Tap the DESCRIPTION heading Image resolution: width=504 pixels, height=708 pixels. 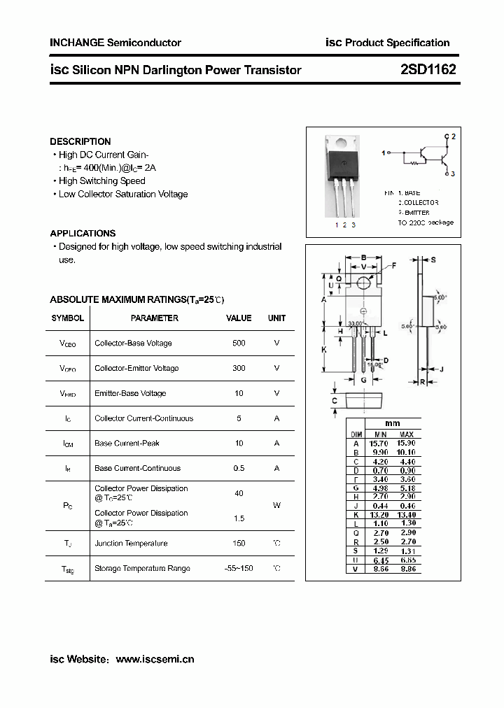point(80,141)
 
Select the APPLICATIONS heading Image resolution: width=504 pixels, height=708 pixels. point(83,233)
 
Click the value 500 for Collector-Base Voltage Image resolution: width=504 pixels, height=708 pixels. point(239,343)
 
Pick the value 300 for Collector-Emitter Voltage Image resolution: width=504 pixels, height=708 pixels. point(239,368)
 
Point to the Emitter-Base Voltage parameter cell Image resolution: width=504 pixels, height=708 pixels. point(130,393)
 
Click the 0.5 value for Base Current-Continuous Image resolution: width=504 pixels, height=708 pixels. point(239,468)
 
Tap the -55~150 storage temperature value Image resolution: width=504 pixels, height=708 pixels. point(239,568)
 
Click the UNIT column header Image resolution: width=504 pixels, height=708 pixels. point(276,318)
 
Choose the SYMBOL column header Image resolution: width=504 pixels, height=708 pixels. point(68,318)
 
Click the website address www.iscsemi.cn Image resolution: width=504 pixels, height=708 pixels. point(155,659)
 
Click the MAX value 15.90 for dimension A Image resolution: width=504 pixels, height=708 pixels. point(406,443)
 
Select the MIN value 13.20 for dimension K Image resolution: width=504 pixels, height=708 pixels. point(378,515)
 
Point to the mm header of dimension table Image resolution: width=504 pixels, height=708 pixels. point(393,424)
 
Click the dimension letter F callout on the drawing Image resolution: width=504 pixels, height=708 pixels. point(393,265)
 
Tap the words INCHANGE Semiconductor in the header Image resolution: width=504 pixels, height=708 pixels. point(115,43)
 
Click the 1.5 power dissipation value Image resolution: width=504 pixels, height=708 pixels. point(239,518)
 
